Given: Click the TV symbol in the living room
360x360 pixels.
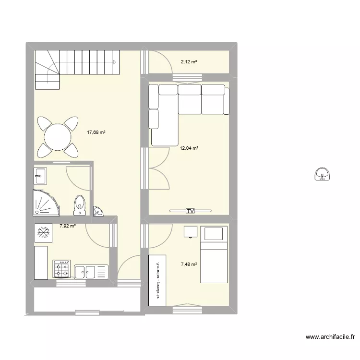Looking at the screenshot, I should coord(191,210).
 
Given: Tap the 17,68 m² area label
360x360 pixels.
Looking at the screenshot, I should coord(96,133).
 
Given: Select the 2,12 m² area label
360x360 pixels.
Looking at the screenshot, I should coord(189,62).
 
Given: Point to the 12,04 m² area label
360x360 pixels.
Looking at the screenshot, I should coord(189,148).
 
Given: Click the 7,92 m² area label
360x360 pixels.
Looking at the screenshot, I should coord(68,225).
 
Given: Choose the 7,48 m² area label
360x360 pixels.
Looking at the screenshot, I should coord(189,263).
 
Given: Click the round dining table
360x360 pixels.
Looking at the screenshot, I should coord(58,137).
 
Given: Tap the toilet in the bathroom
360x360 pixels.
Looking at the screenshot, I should coord(79,204).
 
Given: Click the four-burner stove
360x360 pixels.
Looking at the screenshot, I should coord(61,269).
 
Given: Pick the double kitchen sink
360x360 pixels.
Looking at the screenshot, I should coord(86,272).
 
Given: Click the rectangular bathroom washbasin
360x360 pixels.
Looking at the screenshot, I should coord(40,176).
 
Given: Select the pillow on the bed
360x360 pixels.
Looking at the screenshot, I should coord(214,234).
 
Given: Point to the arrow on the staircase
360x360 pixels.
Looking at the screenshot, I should coord(114,62).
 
